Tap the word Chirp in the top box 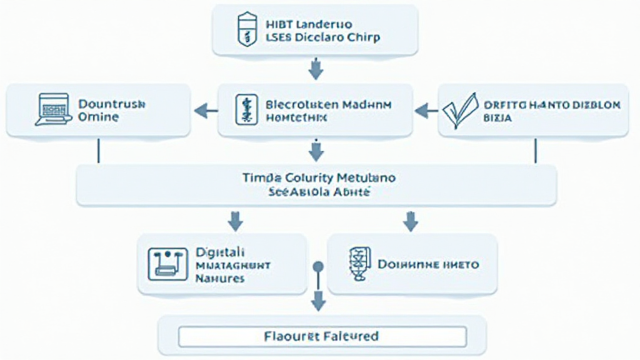coord(364,37)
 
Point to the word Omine coord(98,117)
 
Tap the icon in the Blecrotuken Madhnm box coord(243,111)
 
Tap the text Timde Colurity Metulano coord(318,178)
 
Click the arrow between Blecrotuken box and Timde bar coord(316,150)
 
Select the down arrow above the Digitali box coord(236,220)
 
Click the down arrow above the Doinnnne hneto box coord(411,220)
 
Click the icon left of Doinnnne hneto coord(359,264)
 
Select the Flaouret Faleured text coord(321,337)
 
